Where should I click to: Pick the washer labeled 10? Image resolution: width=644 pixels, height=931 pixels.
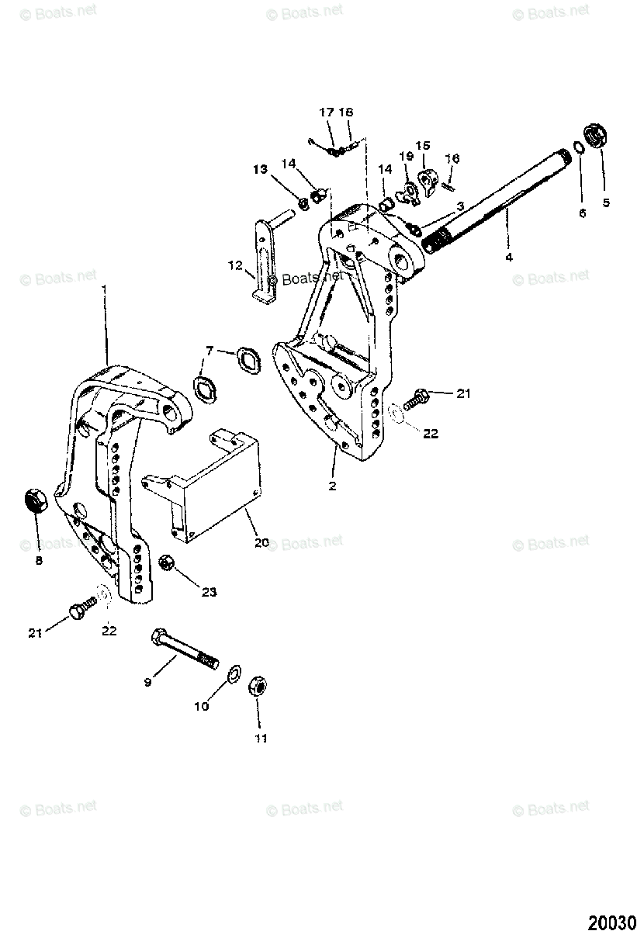232,670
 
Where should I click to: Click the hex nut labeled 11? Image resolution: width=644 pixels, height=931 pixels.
258,685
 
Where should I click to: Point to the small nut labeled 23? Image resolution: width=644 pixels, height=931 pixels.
165,562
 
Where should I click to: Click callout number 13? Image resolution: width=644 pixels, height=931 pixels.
258,169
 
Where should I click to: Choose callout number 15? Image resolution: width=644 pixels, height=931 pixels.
422,145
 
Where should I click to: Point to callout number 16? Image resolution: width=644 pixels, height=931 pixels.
452,158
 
